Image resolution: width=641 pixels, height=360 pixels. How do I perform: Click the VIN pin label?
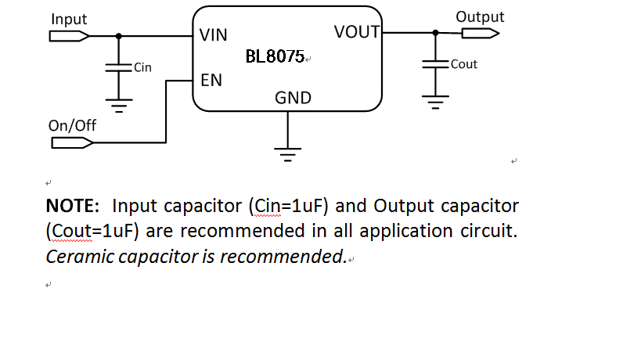coord(214,35)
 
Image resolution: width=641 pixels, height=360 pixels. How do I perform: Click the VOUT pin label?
coord(356,32)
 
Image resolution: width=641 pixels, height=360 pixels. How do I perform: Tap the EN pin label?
coord(211,80)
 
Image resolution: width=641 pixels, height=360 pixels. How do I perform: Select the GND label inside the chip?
coord(293,98)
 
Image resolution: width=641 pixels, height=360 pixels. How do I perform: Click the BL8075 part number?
coord(275,57)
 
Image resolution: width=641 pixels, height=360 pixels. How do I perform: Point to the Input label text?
coord(69,19)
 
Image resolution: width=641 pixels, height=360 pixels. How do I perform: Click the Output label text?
coord(480,16)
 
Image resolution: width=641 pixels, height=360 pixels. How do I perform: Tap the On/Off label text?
coord(72,125)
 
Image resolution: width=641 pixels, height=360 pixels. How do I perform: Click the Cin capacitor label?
coord(142,67)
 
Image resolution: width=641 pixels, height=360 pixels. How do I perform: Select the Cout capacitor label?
coord(464,64)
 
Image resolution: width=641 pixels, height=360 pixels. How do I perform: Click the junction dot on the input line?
coord(118,36)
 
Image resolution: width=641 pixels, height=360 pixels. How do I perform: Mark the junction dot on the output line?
coord(436,33)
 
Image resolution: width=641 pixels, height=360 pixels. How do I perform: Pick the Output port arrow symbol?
coord(480,33)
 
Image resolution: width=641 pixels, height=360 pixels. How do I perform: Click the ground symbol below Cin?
coord(118,103)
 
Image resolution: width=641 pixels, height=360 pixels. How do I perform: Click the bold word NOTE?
coord(73,207)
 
